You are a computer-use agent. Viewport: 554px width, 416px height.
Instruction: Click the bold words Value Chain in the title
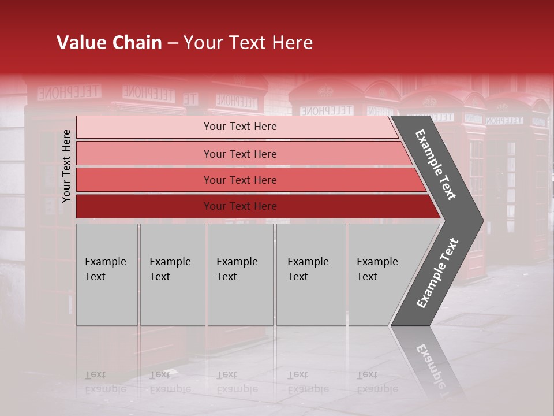[x=109, y=43]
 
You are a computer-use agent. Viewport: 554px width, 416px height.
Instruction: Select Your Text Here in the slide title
[x=248, y=43]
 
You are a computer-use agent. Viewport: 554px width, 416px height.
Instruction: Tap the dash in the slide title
[x=173, y=43]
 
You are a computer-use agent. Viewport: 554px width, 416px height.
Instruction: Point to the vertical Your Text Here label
[x=66, y=166]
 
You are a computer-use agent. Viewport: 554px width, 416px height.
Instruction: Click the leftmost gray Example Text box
[x=107, y=274]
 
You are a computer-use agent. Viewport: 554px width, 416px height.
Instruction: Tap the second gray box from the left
[x=172, y=274]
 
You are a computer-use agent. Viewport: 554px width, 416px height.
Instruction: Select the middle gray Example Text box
[x=240, y=274]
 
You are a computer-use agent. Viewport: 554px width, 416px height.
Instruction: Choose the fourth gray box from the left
[x=310, y=274]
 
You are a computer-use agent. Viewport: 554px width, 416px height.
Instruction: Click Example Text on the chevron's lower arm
[x=437, y=273]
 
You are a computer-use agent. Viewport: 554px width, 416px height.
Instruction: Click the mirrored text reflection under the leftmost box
[x=105, y=382]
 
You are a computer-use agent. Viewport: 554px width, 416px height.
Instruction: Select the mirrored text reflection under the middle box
[x=237, y=382]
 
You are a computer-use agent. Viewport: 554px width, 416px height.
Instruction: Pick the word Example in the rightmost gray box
[x=377, y=262]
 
